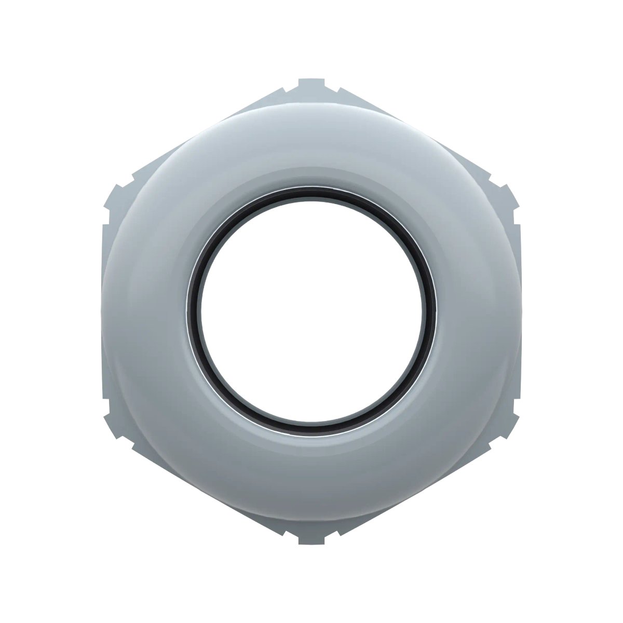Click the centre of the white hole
311,306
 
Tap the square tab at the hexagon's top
311,84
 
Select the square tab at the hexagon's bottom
311,539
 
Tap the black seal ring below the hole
311,423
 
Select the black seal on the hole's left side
194,306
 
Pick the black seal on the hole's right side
429,306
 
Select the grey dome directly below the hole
311,472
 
